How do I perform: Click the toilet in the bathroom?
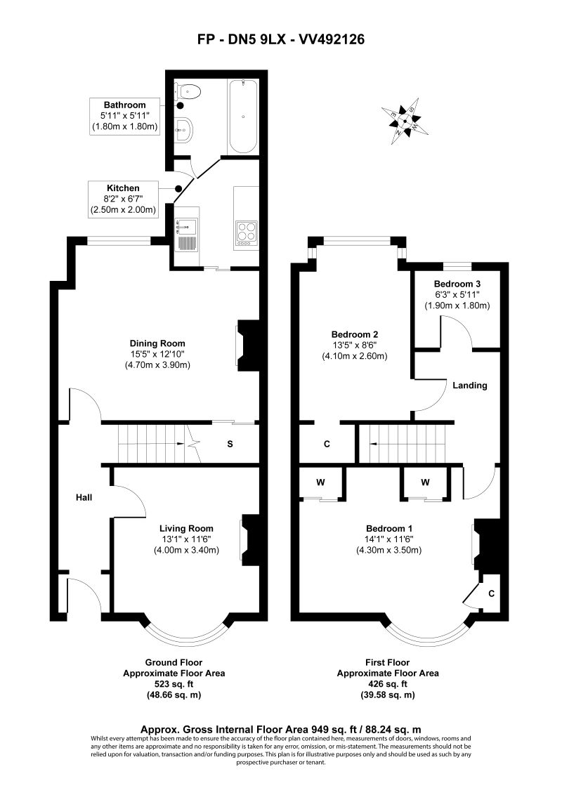click(187, 91)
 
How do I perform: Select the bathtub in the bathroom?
click(242, 117)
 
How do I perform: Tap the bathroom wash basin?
click(183, 130)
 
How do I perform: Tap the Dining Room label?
click(157, 343)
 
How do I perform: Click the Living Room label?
click(187, 528)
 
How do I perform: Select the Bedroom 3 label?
click(457, 284)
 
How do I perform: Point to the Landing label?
click(470, 386)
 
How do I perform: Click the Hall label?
click(84, 497)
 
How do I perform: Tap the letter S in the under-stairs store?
click(230, 444)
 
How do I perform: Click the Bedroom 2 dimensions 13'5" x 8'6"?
click(355, 346)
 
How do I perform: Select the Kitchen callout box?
click(123, 199)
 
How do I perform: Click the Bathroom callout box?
click(125, 117)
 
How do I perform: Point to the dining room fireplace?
click(247, 346)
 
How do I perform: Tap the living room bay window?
click(185, 637)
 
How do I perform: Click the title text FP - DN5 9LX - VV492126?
click(281, 39)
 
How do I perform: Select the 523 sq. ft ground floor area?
click(174, 684)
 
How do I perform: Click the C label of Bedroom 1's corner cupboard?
click(491, 593)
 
